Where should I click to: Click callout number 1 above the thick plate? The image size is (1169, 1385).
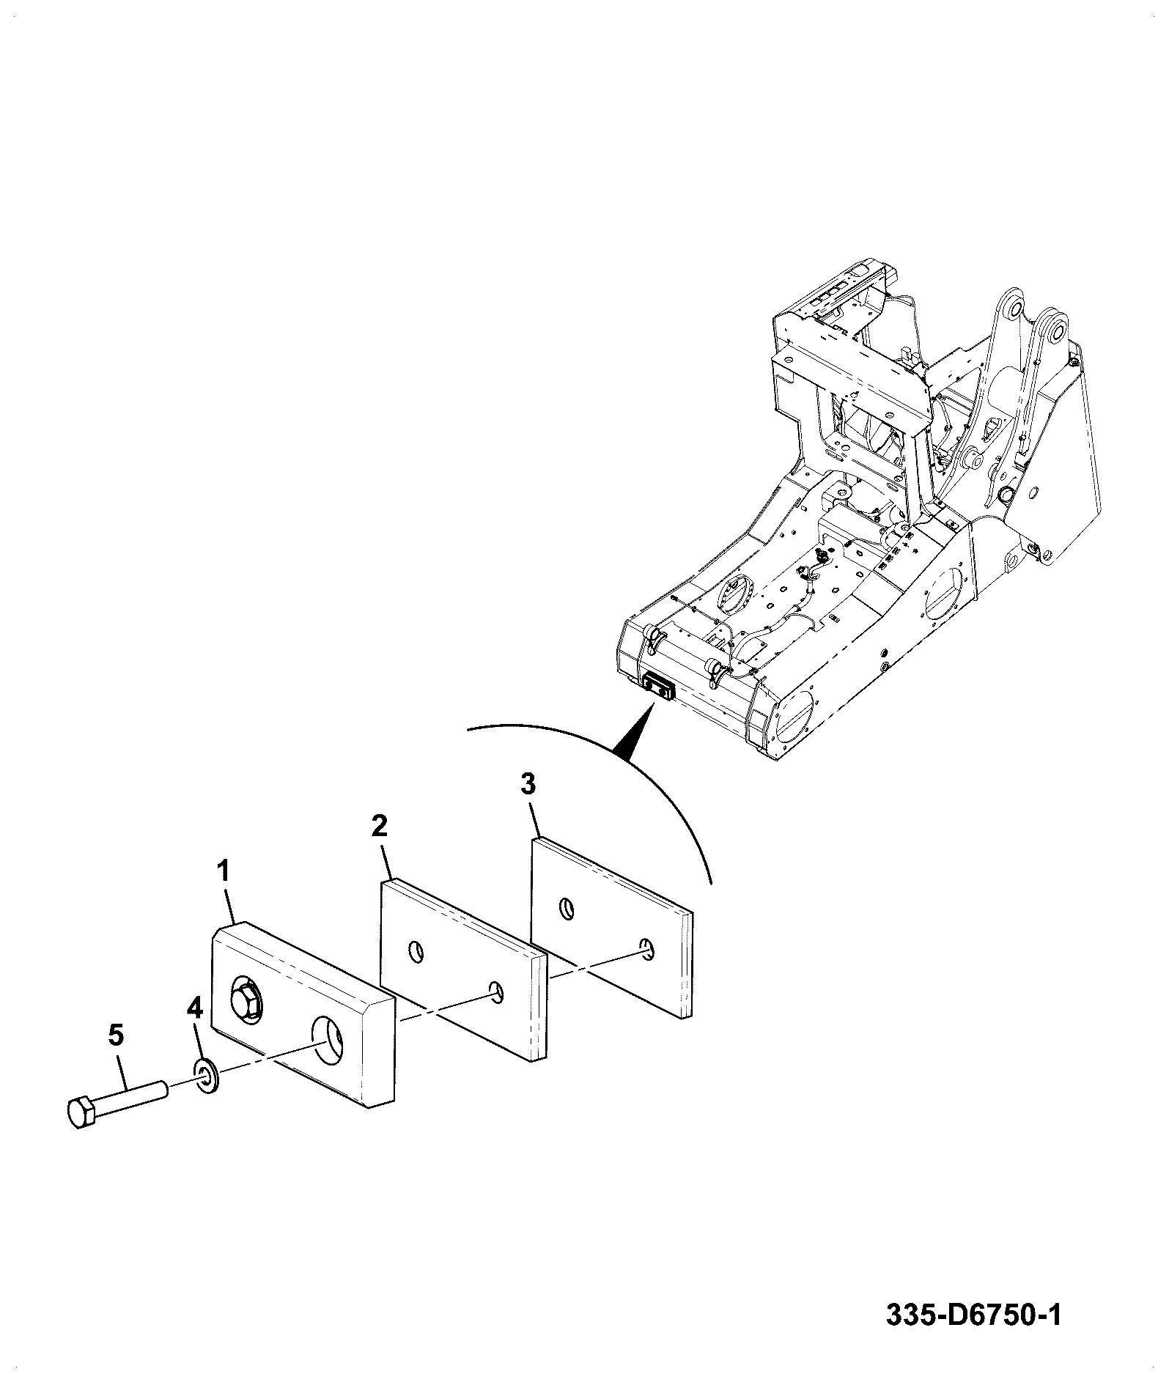[x=224, y=872]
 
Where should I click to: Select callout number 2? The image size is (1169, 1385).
[x=378, y=826]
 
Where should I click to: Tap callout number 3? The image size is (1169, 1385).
[x=528, y=784]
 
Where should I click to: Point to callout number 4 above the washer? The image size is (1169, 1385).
[x=194, y=1009]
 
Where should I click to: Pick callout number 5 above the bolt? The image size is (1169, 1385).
[x=116, y=1035]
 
